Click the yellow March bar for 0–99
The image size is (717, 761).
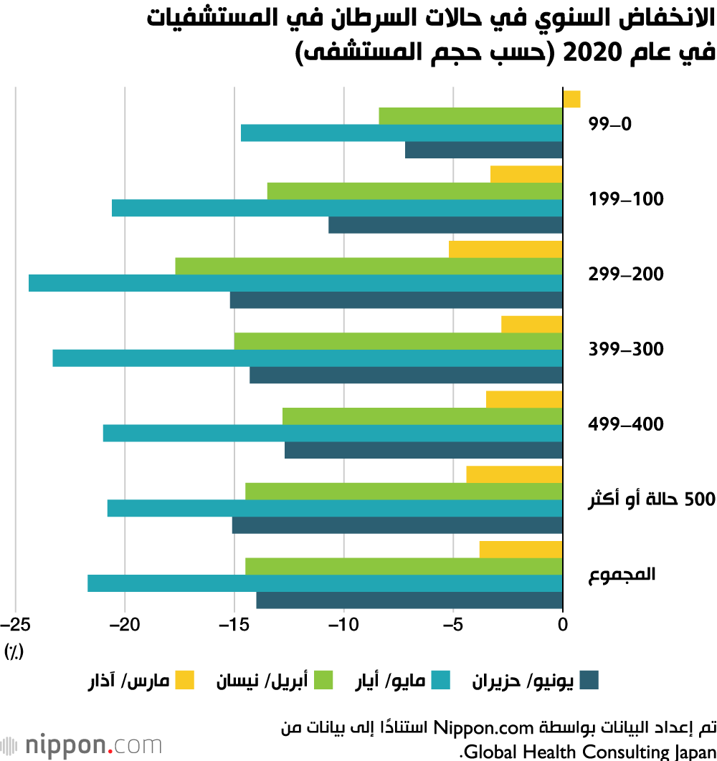pyautogui.click(x=571, y=99)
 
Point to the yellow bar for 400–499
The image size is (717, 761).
pyautogui.click(x=524, y=399)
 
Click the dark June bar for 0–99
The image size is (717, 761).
pyautogui.click(x=484, y=150)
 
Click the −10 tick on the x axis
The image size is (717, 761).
pyautogui.click(x=343, y=623)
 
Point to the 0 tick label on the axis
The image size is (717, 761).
pyautogui.click(x=563, y=623)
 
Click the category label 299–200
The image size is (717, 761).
pyautogui.click(x=626, y=274)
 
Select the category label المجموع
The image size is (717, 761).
pyautogui.click(x=622, y=575)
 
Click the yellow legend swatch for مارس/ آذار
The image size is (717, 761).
pyautogui.click(x=185, y=680)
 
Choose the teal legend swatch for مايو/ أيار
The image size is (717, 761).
pyautogui.click(x=440, y=680)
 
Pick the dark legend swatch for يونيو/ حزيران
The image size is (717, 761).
pyautogui.click(x=589, y=680)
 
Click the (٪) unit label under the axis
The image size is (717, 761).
pyautogui.click(x=14, y=651)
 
